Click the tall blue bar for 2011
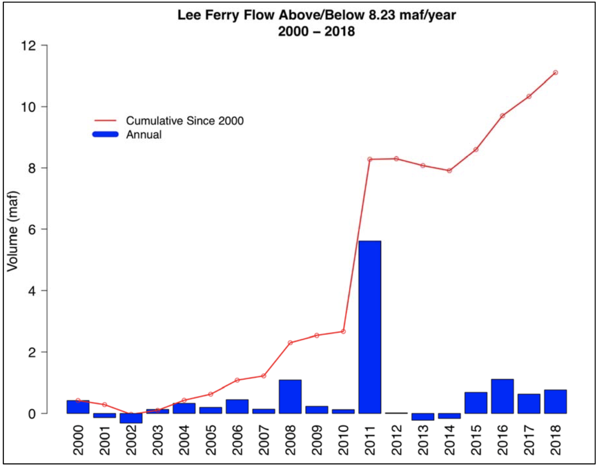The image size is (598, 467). coord(370,327)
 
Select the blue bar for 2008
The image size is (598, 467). coord(290,397)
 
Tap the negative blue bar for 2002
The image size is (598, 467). coord(131,418)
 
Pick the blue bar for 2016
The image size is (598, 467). coord(502,396)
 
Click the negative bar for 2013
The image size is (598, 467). coord(423,417)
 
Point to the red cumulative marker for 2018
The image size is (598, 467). coord(555,73)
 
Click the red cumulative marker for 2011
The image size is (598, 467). coord(370,159)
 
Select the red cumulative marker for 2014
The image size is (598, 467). coord(449,171)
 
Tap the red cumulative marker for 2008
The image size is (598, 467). coord(290,343)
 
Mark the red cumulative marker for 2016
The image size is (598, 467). coord(502,116)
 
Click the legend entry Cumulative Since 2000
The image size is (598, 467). coord(185,121)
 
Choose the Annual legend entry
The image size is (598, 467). coord(144,135)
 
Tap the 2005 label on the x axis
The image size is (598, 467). coord(211,440)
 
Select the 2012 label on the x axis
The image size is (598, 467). coord(396,440)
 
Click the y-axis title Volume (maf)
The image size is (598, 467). coord(12,231)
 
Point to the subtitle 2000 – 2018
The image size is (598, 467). coord(317,32)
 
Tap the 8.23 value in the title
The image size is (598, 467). coord(382,15)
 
